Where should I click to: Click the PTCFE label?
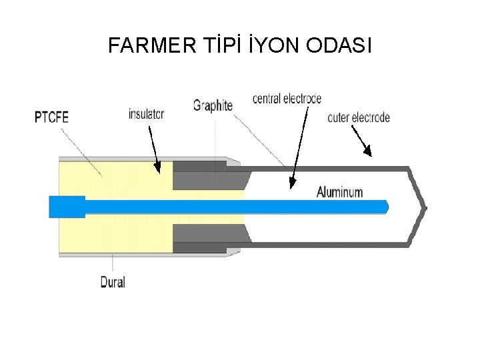(51, 118)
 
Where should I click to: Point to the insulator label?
(146, 114)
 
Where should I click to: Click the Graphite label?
(213, 105)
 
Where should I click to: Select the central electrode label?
(287, 99)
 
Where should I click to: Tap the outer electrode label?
(359, 118)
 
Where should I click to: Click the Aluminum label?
(339, 193)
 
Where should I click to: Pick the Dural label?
(113, 282)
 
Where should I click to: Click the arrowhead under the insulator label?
(157, 168)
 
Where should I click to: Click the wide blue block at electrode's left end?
(67, 207)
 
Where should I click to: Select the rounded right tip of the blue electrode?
(385, 207)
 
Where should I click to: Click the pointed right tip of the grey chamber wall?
(424, 207)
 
